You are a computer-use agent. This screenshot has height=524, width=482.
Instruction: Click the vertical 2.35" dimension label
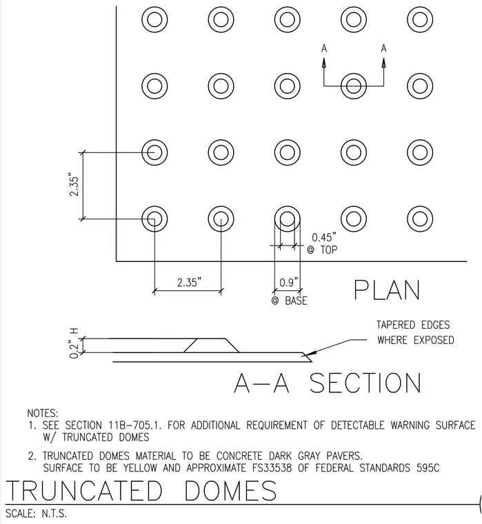tap(74, 185)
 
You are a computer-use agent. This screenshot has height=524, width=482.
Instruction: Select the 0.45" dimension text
tap(324, 237)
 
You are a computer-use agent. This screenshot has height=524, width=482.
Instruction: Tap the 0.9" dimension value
tap(288, 283)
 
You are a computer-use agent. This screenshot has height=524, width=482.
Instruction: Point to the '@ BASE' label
tap(289, 301)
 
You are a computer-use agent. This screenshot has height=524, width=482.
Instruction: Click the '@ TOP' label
tap(322, 250)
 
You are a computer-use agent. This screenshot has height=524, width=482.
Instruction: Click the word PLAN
tap(387, 290)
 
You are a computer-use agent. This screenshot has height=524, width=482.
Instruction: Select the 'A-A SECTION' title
tap(328, 383)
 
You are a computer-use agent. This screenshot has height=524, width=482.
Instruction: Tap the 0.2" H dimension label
tap(74, 343)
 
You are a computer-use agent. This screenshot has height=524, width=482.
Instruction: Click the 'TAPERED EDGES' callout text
tap(413, 325)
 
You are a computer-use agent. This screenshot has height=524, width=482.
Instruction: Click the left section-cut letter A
tap(324, 49)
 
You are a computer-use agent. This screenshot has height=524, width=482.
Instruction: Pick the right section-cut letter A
tap(383, 49)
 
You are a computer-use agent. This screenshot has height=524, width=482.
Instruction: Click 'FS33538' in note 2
tap(272, 468)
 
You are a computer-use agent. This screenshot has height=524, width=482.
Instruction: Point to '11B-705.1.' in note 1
tap(135, 425)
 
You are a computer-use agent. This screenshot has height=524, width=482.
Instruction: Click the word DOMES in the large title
tap(230, 490)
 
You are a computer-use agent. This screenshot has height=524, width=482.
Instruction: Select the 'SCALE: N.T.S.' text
tap(36, 513)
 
